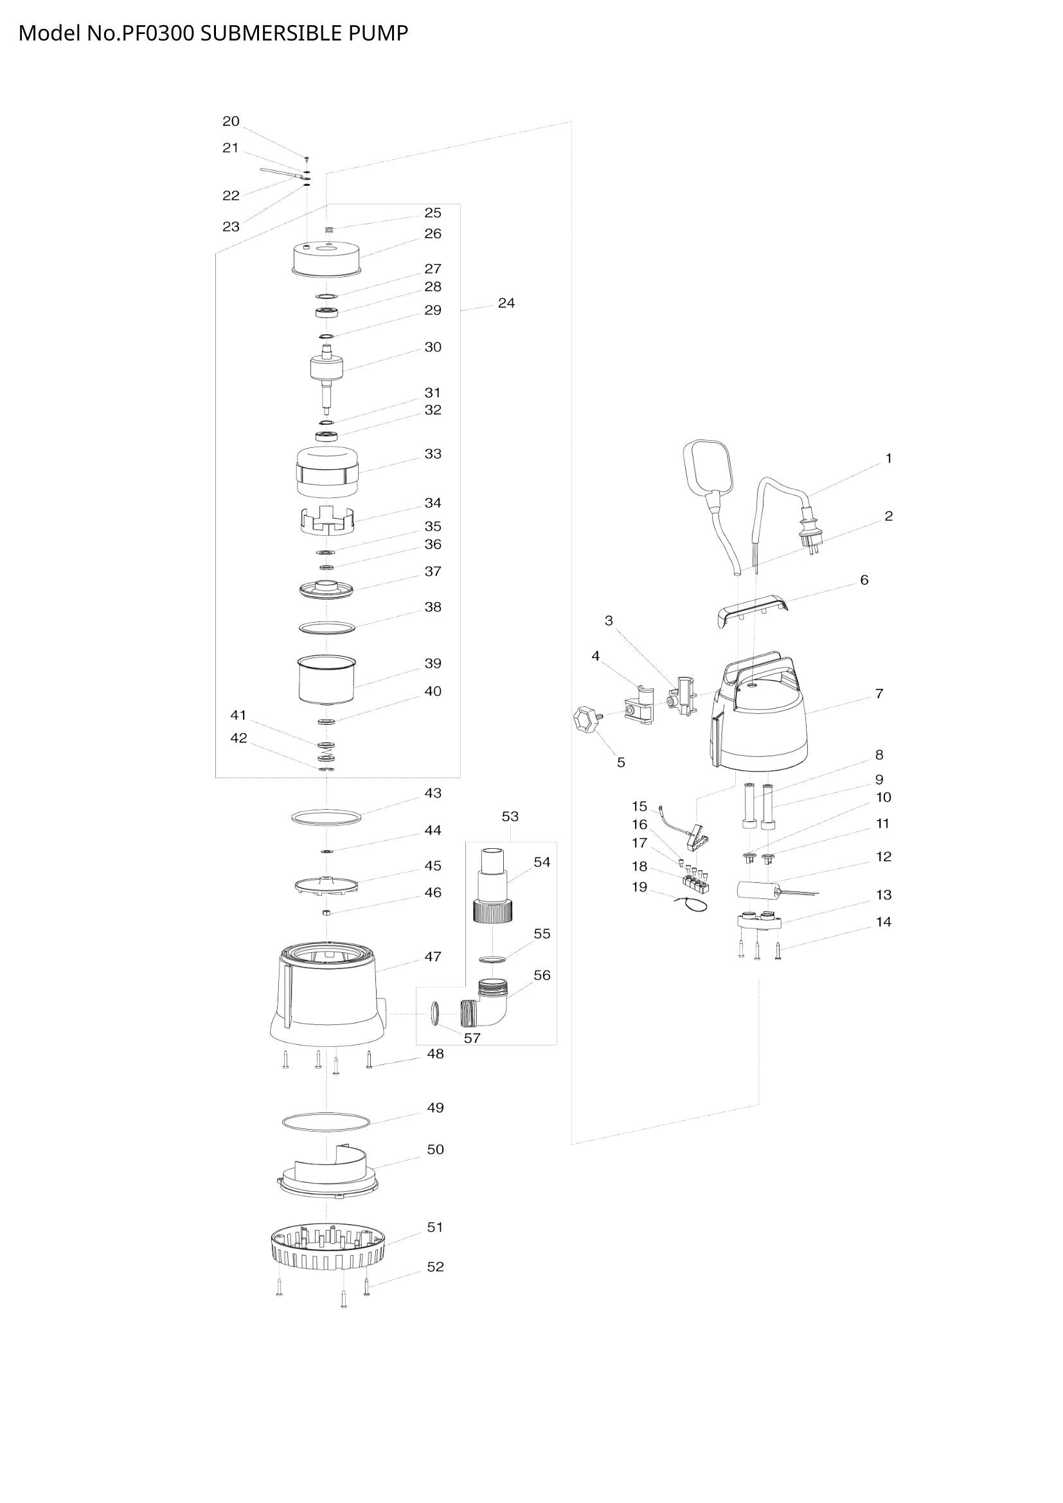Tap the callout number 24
(506, 303)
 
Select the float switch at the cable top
(710, 467)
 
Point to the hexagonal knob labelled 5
(587, 721)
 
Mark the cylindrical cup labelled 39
(326, 680)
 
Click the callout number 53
(510, 816)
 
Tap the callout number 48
(435, 1054)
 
